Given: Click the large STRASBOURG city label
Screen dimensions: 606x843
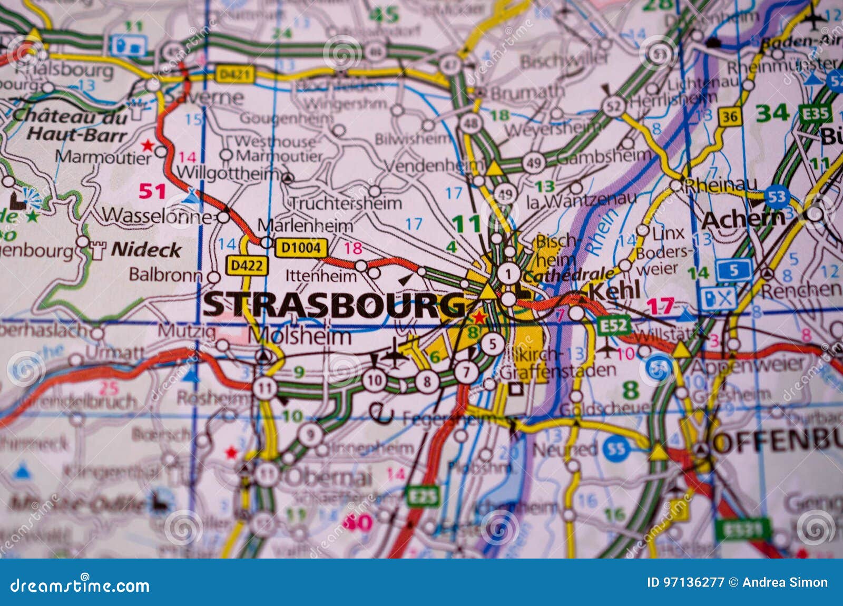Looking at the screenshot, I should tap(335, 304).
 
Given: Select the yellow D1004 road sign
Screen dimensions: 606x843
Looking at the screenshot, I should tap(301, 247).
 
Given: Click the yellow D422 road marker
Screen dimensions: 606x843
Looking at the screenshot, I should tap(247, 266).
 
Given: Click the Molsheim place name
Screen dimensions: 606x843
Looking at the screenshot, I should tap(299, 336).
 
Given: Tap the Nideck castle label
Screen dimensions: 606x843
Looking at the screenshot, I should tap(146, 249).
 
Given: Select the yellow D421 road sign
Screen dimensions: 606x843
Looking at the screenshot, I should tap(234, 74).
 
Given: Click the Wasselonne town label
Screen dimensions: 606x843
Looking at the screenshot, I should tap(156, 215).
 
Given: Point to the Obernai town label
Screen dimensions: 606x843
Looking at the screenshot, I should tap(328, 477).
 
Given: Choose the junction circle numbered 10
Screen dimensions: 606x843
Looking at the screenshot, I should tap(374, 380).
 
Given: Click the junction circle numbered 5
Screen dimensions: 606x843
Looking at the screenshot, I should tap(493, 344).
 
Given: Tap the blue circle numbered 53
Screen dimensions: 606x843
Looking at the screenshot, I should tap(776, 197).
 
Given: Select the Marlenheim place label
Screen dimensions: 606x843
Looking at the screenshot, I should tap(305, 226).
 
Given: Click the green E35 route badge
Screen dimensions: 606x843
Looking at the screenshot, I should tap(815, 114).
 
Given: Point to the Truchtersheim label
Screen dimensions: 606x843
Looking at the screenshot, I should tap(346, 203).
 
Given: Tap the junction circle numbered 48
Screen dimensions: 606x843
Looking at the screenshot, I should tap(470, 124).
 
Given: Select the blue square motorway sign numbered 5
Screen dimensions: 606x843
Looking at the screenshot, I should tap(733, 271).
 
